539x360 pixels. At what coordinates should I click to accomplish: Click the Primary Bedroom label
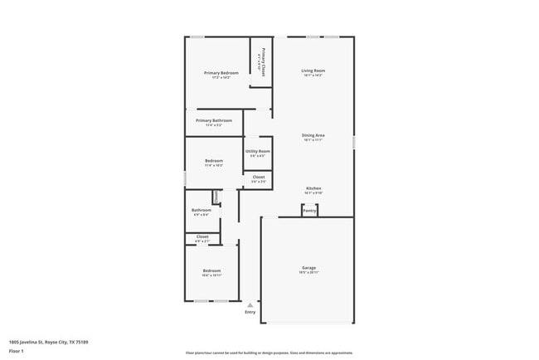(x=221, y=73)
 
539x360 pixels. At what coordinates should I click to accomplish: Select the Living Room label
(x=313, y=71)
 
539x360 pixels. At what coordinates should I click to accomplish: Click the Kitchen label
(x=313, y=187)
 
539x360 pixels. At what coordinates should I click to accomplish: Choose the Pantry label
(x=309, y=211)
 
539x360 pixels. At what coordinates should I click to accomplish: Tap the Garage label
(x=308, y=267)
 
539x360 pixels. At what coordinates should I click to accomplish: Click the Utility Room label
(x=258, y=151)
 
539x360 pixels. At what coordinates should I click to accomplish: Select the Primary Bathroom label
(x=214, y=120)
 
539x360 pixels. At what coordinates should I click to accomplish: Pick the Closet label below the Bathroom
(x=202, y=236)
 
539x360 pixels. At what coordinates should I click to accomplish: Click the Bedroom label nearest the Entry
(x=211, y=270)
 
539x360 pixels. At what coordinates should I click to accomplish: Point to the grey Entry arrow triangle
(x=250, y=305)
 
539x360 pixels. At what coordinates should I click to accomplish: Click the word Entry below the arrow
(x=250, y=312)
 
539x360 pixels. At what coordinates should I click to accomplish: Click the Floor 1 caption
(x=17, y=350)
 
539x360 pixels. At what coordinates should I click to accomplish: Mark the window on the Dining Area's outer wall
(x=354, y=143)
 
